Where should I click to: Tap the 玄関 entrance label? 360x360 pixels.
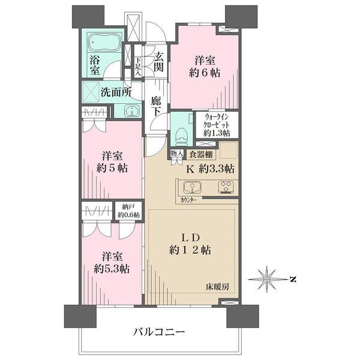coord(158,62)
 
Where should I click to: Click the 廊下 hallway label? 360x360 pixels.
coord(156,106)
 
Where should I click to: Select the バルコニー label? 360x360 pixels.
coord(159,332)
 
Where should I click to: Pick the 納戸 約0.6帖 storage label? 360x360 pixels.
coord(128,211)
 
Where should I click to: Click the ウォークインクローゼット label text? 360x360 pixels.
coord(217,121)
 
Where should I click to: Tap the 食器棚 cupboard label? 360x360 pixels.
coord(201,155)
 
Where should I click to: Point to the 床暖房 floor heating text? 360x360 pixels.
coord(217,286)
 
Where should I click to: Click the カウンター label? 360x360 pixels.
coord(188,200)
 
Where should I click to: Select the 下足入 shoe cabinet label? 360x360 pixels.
coord(138,67)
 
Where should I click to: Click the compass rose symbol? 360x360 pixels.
coord(267,279)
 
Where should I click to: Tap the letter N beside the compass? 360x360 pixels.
coord(293,280)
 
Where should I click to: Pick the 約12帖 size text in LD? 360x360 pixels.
coord(190,250)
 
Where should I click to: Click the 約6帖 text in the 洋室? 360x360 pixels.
coord(205,73)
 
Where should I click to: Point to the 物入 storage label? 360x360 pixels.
coord(176,153)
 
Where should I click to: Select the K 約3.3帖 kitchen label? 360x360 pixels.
coord(211,169)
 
